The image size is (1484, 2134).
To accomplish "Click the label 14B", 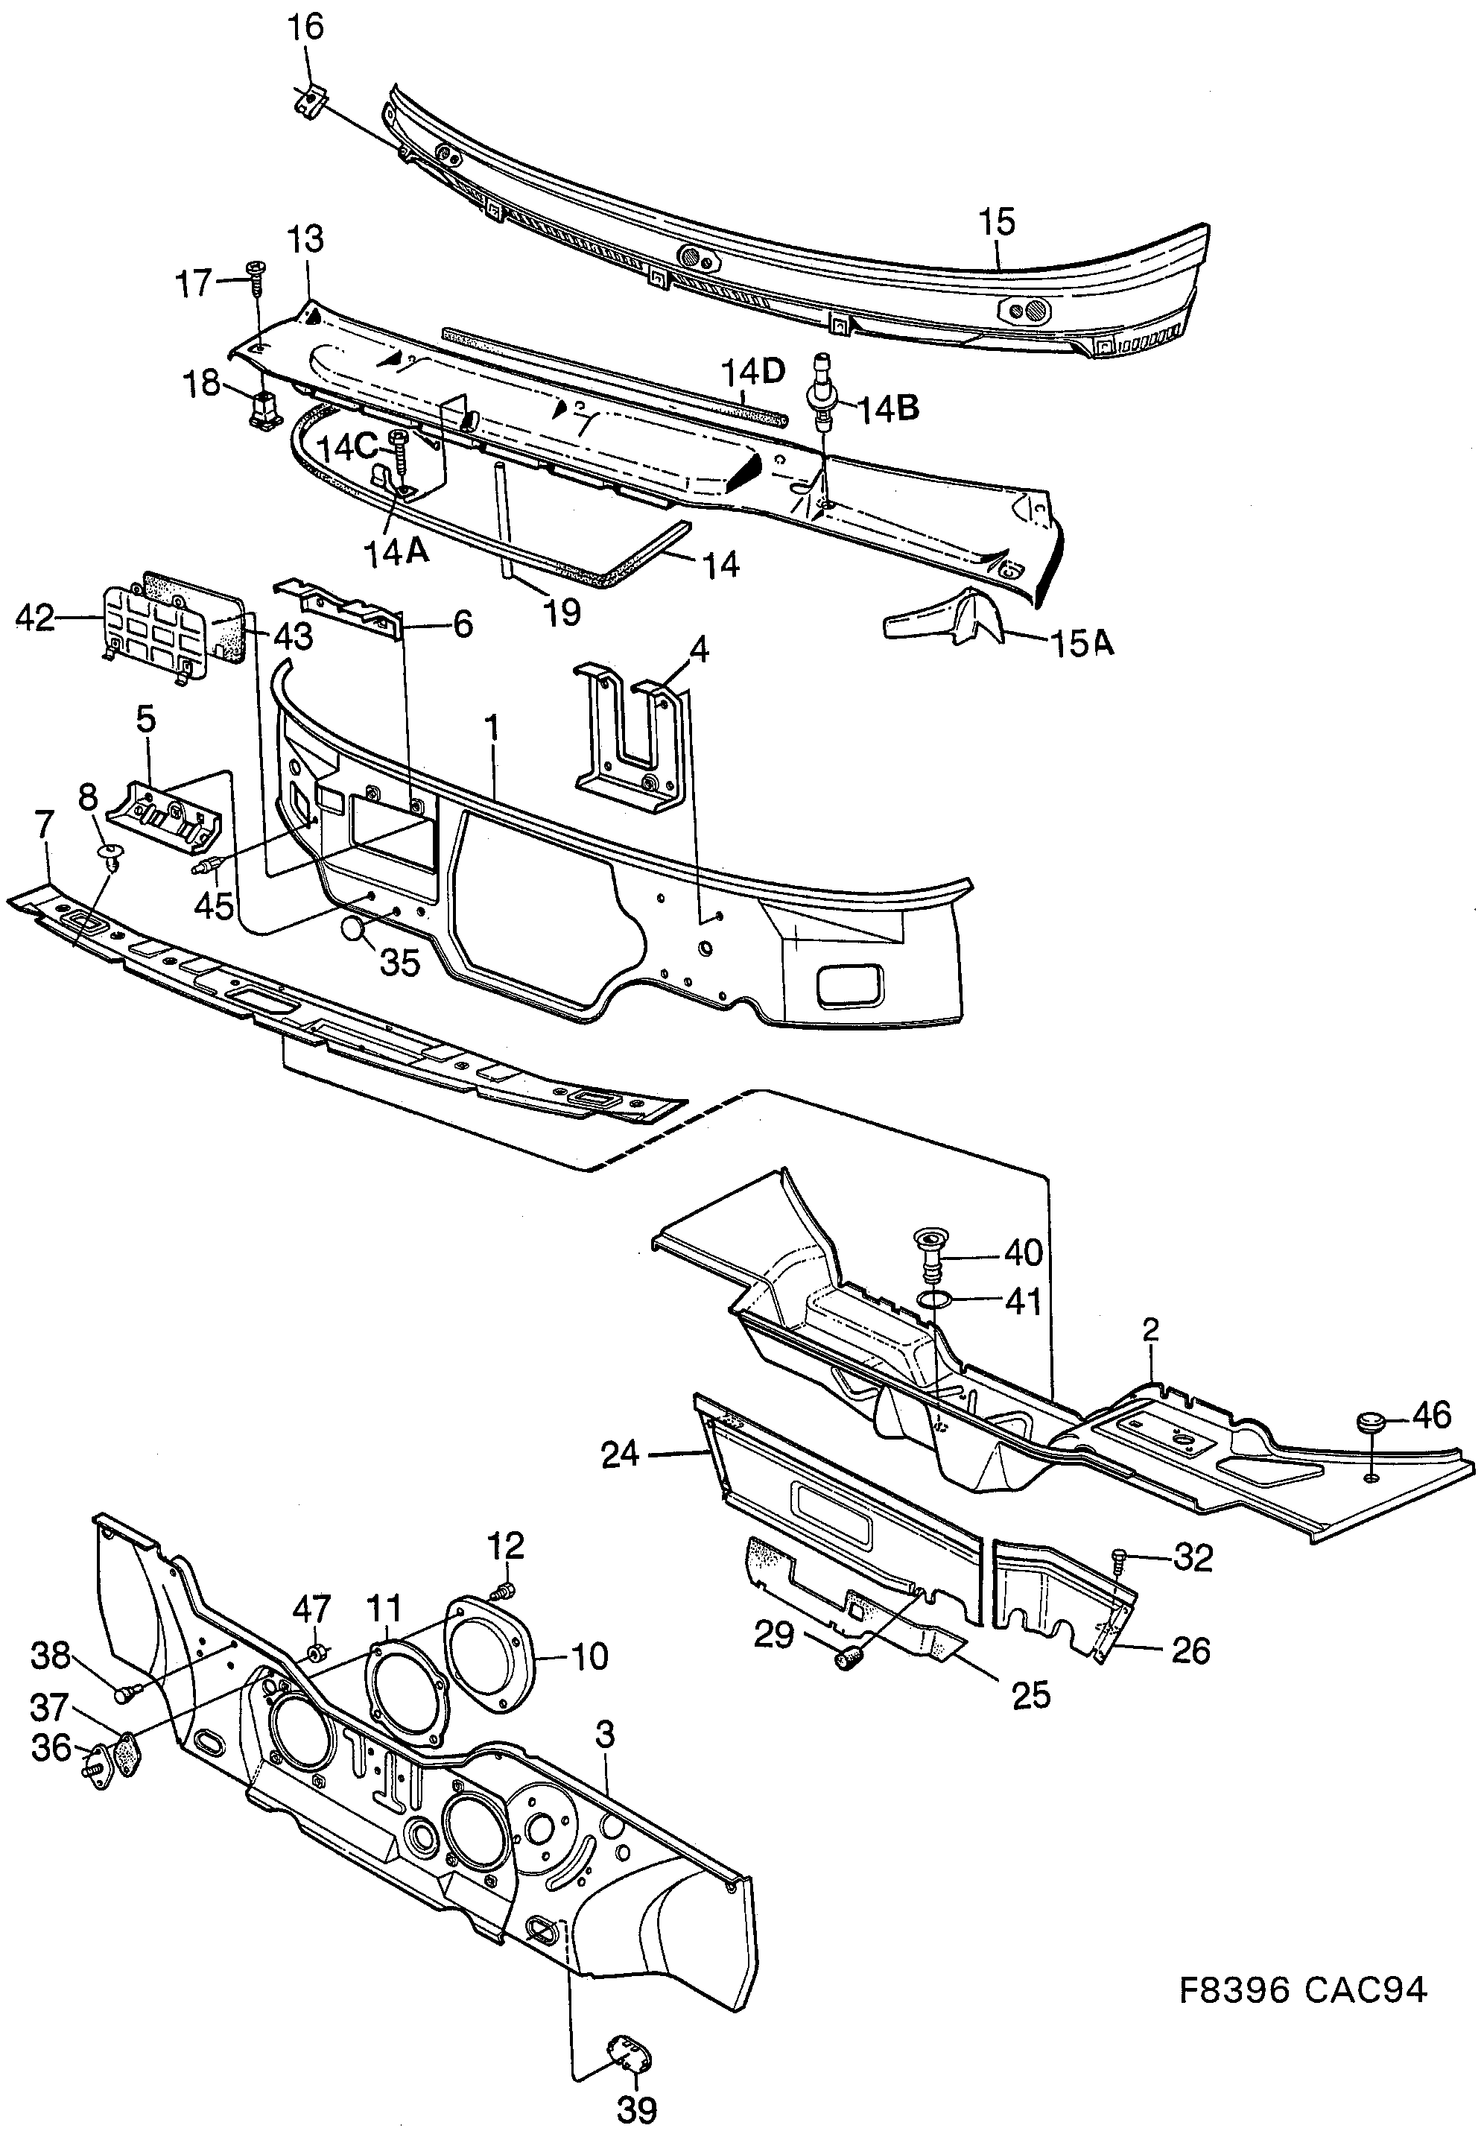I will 887,408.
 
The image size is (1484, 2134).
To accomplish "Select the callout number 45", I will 214,905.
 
